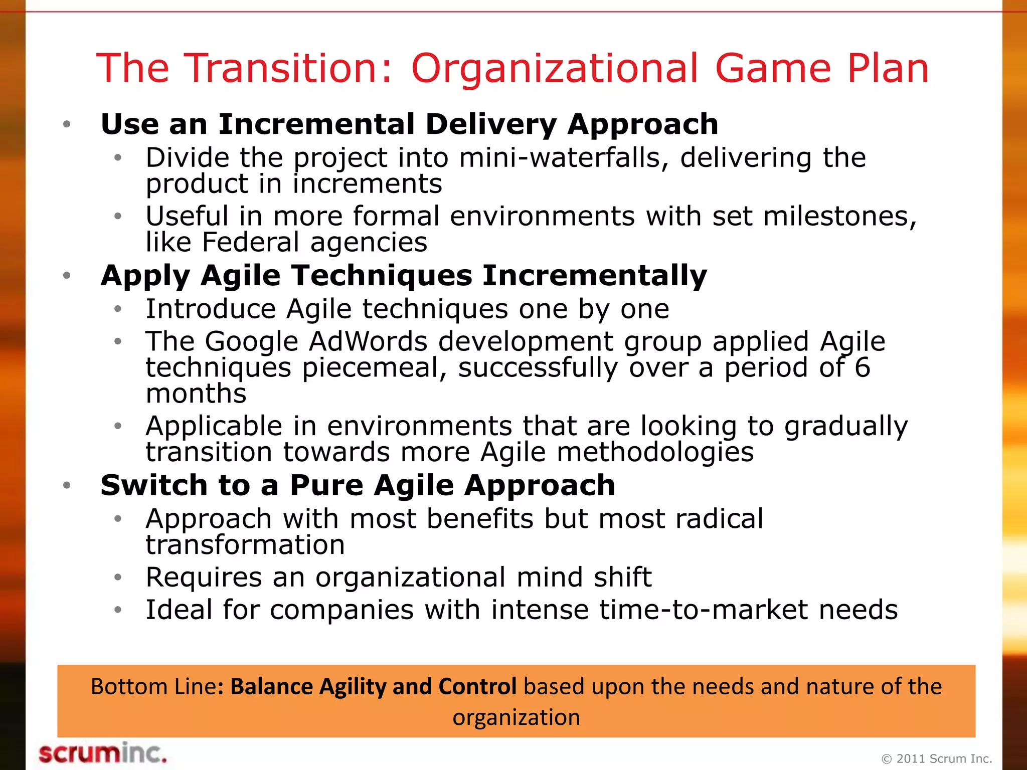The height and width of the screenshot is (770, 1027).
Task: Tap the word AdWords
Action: [x=368, y=342]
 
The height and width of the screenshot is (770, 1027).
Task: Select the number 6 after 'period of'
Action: [x=862, y=367]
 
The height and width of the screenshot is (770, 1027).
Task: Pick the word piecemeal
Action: [x=374, y=368]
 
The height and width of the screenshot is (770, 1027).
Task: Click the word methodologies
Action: [x=655, y=452]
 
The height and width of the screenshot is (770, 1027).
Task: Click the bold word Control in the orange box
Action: [x=477, y=686]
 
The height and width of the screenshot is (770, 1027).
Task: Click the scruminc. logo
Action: [x=102, y=753]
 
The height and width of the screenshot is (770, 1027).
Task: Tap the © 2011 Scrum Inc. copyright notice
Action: [x=936, y=758]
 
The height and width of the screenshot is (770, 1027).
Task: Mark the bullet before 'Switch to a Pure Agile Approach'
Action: [x=67, y=485]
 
